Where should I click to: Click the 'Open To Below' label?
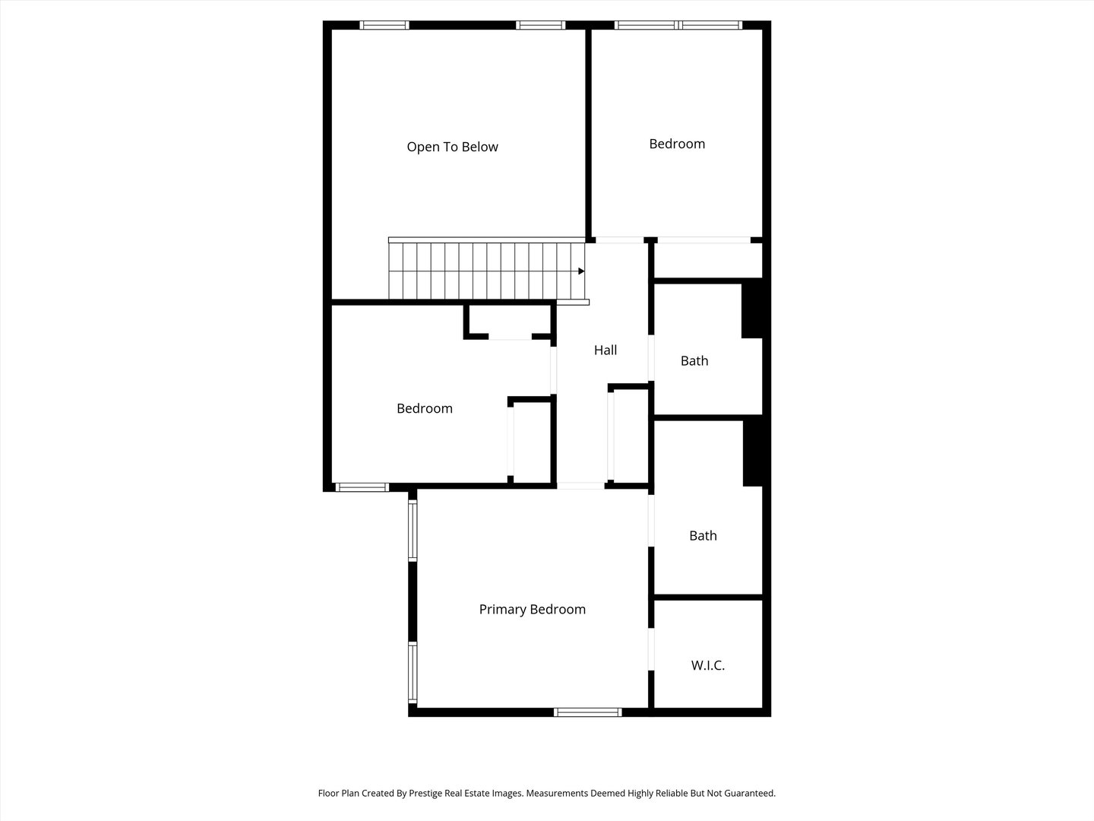452,147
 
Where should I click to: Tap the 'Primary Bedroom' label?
533,610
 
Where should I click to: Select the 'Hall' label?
605,350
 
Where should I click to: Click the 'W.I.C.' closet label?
708,665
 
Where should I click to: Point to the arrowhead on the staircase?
581,271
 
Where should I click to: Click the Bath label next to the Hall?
694,360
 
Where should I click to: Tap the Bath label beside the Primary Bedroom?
703,535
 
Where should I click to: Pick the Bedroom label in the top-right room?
677,144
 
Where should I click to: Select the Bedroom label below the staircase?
425,409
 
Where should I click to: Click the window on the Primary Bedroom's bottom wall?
587,712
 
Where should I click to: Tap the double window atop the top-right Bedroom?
678,25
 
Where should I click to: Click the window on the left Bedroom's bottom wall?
362,487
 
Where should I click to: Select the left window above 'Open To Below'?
384,25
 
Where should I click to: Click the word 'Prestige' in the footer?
425,793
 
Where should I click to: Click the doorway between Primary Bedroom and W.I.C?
651,649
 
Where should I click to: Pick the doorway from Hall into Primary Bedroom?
580,486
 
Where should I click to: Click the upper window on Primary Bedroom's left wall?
413,531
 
